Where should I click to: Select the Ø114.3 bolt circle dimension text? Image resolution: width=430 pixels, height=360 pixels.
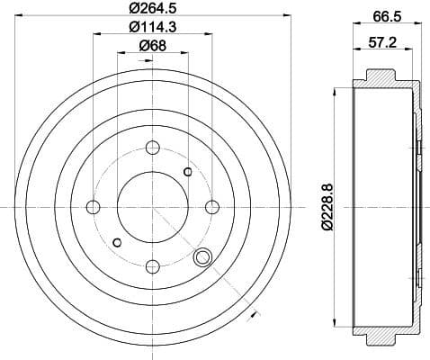(x=151, y=27)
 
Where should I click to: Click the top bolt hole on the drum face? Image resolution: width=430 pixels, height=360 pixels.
(x=152, y=148)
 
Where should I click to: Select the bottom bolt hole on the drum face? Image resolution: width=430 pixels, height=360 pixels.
(x=152, y=265)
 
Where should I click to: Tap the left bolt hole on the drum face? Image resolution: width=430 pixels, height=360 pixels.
(x=93, y=207)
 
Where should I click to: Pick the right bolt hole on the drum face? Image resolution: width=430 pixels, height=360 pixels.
(x=211, y=207)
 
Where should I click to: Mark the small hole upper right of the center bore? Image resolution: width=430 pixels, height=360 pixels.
(x=187, y=172)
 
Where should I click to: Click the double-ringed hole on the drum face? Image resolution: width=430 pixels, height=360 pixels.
(x=202, y=258)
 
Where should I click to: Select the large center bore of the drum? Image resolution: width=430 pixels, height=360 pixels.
(x=152, y=207)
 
